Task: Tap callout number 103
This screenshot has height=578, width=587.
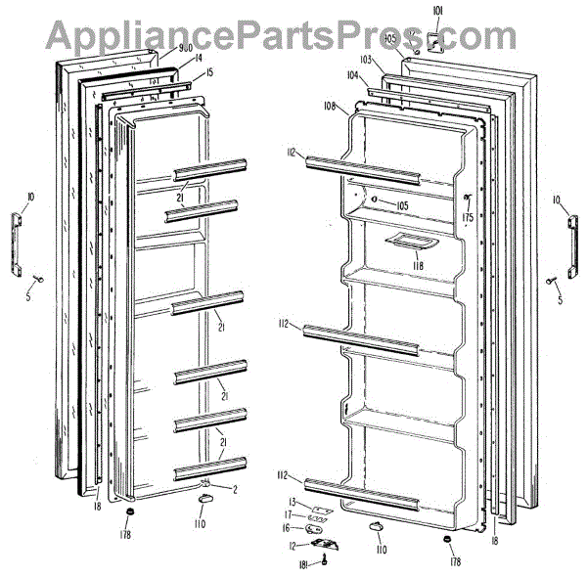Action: point(393,60)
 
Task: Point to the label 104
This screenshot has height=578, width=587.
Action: point(352,75)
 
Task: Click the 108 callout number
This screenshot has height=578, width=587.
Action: point(330,105)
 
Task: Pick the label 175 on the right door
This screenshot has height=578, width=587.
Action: point(468,217)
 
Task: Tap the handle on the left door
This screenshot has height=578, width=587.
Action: point(18,244)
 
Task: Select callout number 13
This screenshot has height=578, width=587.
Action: point(292,502)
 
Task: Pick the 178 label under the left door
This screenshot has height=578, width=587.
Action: point(126,534)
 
